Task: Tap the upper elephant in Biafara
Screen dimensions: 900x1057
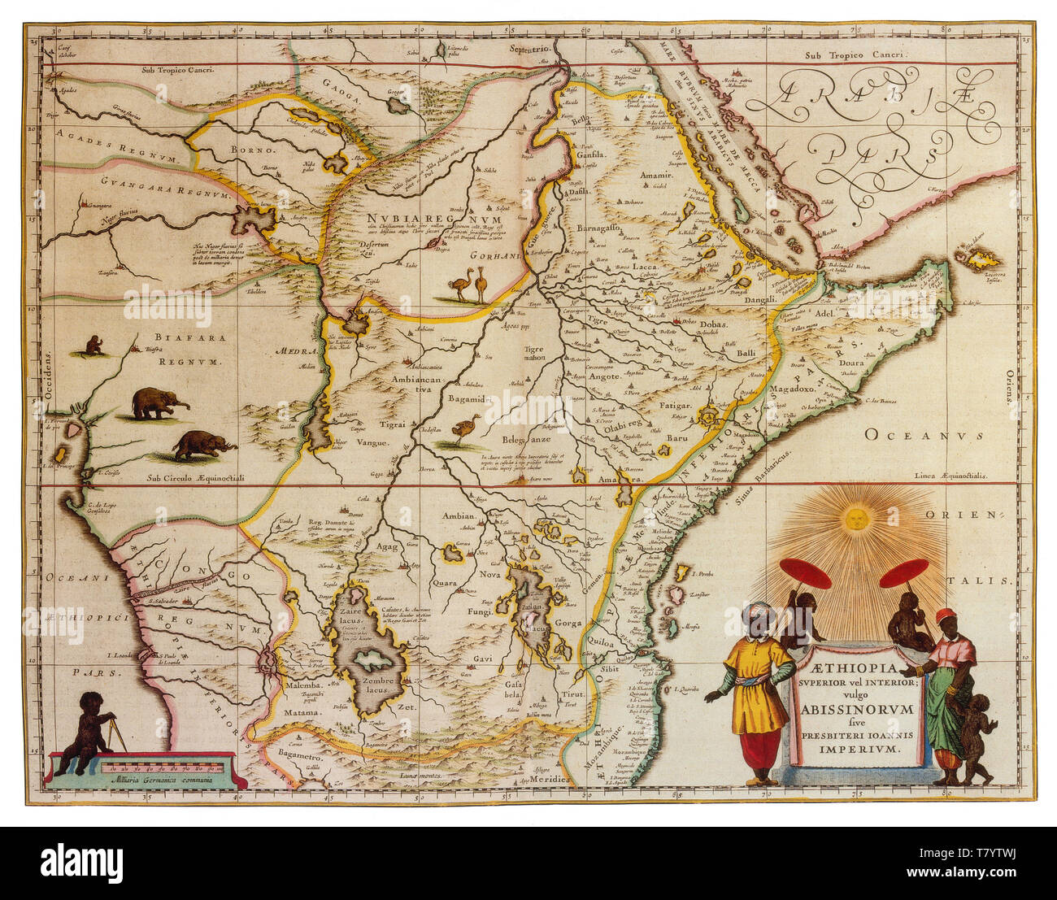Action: click(x=158, y=403)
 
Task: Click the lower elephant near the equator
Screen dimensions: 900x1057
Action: click(x=202, y=445)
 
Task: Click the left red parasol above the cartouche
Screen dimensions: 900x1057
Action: click(x=804, y=574)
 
